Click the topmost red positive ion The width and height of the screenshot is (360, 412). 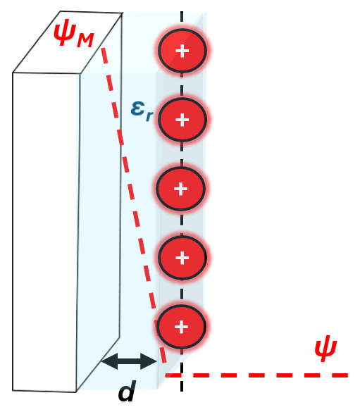[x=182, y=51]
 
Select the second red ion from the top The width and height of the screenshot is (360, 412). [x=182, y=120]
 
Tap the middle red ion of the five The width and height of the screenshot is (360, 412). [x=180, y=189]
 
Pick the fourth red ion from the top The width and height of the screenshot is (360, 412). [x=182, y=258]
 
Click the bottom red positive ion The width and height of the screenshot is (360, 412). [x=181, y=327]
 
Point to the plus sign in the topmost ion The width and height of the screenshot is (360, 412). [x=182, y=51]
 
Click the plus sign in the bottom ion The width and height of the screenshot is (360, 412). [x=181, y=327]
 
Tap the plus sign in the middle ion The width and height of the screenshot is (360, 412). [x=181, y=189]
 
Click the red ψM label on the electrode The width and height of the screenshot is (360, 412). [x=73, y=34]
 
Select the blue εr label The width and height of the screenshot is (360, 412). [x=142, y=111]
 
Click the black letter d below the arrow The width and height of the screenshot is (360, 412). [x=128, y=391]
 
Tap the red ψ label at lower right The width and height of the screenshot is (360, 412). [x=325, y=348]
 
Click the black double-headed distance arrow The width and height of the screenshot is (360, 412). [x=129, y=361]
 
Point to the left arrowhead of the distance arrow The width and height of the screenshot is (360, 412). [x=110, y=361]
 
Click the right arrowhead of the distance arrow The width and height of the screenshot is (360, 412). [x=149, y=361]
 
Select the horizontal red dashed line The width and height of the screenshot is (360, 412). [x=256, y=375]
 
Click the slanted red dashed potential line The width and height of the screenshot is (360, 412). [x=134, y=206]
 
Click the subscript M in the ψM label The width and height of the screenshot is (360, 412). [x=85, y=40]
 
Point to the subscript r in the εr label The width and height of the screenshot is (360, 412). [x=149, y=116]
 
